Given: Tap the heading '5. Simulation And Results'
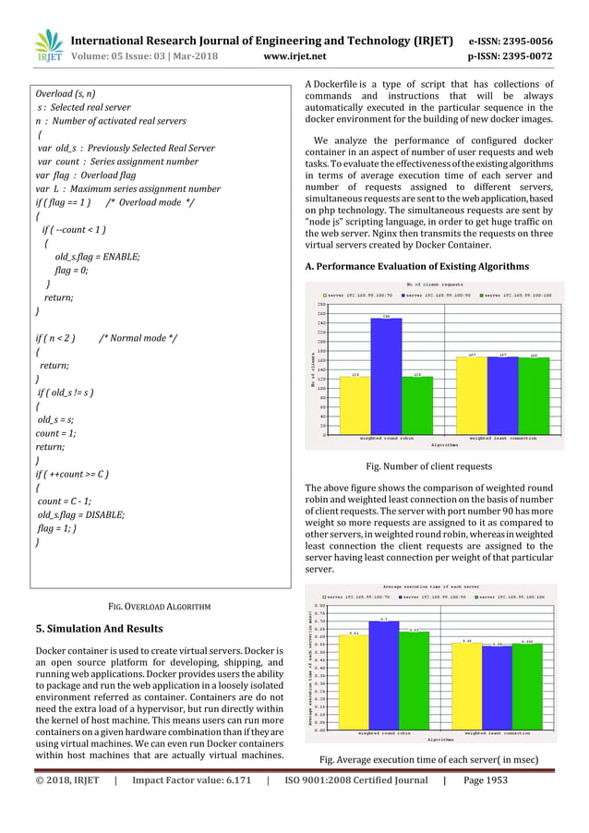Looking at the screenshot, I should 98,629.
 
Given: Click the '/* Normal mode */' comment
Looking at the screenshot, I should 138,338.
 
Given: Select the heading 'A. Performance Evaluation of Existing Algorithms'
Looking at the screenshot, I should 416,266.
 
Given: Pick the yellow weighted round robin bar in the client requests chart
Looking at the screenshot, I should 355,405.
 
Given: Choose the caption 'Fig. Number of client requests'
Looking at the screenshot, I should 429,466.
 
